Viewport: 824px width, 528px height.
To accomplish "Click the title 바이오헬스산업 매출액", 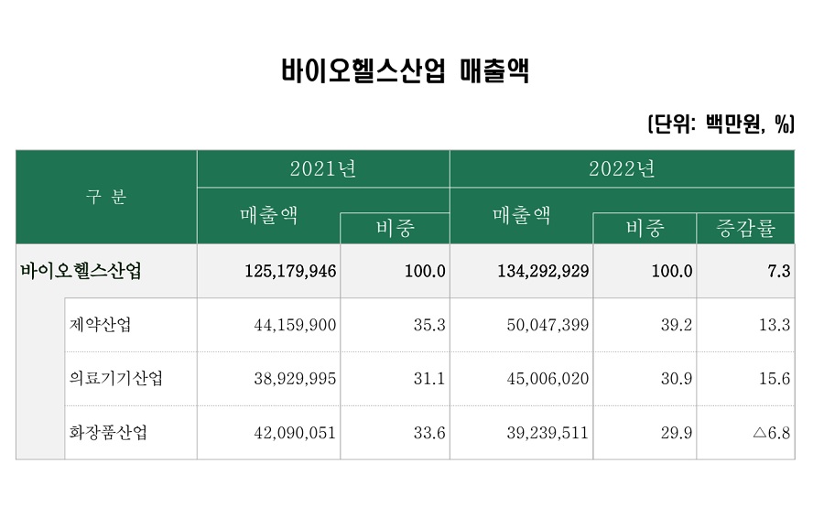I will pos(406,71).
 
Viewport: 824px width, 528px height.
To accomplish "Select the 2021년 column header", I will pos(322,169).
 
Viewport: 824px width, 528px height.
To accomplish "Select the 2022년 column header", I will pos(622,169).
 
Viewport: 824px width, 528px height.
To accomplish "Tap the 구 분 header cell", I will pos(106,197).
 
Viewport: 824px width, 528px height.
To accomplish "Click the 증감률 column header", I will pos(745,229).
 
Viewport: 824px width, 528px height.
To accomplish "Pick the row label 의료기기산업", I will pos(116,379).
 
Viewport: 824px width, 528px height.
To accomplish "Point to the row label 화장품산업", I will pos(108,433).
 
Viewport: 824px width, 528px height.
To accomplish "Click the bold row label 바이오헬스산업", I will pos(81,271).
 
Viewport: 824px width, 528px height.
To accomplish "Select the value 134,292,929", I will pos(543,272).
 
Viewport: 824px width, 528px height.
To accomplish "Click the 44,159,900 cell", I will pos(295,325).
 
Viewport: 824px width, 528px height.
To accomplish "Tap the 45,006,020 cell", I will pos(547,379).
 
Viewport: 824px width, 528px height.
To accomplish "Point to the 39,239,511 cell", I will pos(547,433).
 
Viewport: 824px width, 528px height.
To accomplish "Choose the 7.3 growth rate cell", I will pos(779,272).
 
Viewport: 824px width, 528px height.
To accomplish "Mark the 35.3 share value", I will pos(428,325).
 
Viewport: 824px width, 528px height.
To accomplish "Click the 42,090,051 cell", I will pos(295,433).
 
